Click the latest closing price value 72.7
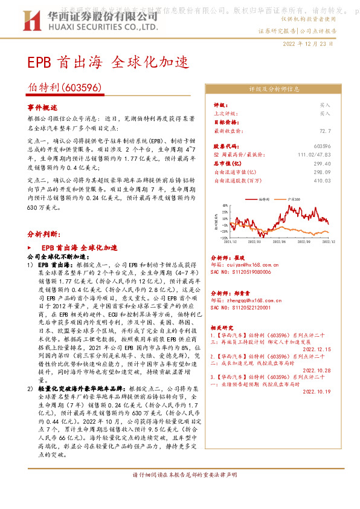(325, 131)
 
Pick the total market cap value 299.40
(323, 163)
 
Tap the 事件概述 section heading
(42, 106)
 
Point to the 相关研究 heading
(220, 325)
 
